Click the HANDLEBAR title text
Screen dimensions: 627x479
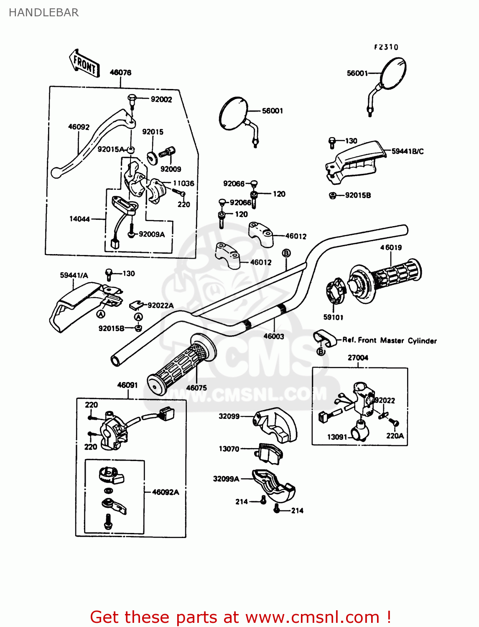coord(43,13)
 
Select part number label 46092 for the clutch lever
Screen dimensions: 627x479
coord(79,127)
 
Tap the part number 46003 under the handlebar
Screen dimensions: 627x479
coord(274,336)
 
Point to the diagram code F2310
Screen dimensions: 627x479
coord(386,47)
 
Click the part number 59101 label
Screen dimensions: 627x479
coord(333,317)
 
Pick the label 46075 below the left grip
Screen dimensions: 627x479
coord(196,387)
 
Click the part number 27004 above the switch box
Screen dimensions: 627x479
coord(358,357)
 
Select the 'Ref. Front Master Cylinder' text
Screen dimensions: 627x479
coord(390,340)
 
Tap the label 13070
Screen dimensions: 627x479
coord(229,449)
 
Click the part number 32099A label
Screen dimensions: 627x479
coord(226,479)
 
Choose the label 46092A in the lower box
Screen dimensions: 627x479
coord(166,492)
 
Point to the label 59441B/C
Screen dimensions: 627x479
coord(408,151)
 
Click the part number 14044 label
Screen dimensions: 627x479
coord(79,219)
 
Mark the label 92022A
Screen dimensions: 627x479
coord(161,306)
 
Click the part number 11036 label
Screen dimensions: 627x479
coord(183,183)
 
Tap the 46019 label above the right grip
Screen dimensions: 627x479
coord(391,247)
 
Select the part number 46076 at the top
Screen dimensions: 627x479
coord(120,72)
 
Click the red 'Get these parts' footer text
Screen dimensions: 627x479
coord(240,617)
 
